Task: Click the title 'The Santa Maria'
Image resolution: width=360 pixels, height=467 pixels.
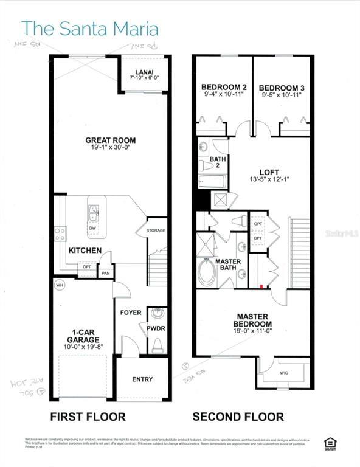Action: (90, 29)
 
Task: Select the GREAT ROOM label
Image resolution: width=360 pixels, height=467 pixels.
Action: (109, 140)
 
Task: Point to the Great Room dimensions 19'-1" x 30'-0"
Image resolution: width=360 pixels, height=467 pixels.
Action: (109, 148)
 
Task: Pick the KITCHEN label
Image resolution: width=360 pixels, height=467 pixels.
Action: (85, 251)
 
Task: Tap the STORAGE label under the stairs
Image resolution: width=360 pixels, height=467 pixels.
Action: (156, 230)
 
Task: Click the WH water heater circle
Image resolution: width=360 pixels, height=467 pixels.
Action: (60, 285)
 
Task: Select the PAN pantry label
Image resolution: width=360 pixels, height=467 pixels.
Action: (105, 274)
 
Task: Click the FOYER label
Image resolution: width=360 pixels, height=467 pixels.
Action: (131, 313)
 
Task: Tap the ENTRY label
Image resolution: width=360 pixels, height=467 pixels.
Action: (142, 379)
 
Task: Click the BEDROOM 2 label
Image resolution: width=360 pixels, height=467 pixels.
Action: (223, 88)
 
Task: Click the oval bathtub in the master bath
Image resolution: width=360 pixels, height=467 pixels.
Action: (207, 274)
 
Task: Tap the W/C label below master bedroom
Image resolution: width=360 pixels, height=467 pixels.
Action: (283, 373)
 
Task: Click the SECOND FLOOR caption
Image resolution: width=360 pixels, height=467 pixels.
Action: (238, 417)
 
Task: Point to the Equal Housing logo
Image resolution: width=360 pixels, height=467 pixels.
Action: (331, 443)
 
